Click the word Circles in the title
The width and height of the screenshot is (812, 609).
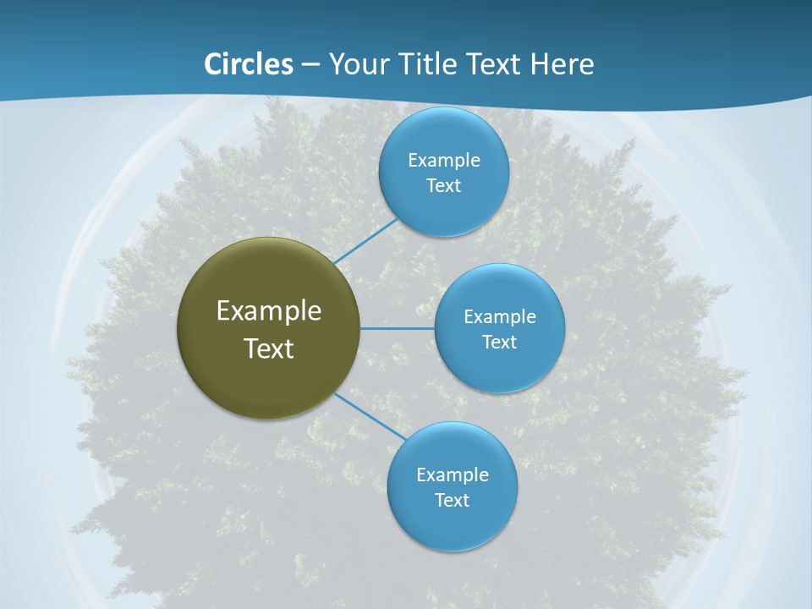tap(248, 64)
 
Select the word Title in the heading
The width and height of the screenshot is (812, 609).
tap(431, 64)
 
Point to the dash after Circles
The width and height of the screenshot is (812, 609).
tap(310, 65)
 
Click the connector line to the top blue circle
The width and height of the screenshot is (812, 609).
tap(365, 241)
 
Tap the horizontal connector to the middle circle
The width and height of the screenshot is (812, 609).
tap(398, 328)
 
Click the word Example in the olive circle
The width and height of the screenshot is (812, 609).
tap(269, 311)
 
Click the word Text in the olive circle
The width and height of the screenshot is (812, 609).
tap(269, 348)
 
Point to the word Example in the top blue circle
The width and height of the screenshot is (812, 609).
tap(444, 161)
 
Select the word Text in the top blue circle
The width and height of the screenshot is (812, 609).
tap(443, 186)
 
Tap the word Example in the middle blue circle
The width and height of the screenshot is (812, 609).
tap(500, 317)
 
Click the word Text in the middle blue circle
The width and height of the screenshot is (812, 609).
tap(499, 343)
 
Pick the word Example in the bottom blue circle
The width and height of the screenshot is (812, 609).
tap(453, 475)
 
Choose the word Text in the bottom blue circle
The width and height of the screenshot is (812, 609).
tap(452, 501)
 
